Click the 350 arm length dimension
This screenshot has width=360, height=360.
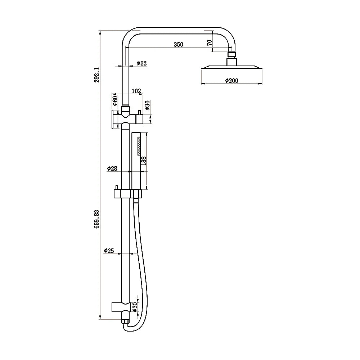[179, 45]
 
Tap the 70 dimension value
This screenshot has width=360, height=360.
[209, 42]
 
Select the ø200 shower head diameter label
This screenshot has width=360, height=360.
[231, 81]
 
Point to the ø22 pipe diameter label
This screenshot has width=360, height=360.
[141, 63]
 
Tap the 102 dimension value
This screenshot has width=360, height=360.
[136, 91]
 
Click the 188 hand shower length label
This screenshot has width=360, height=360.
[144, 161]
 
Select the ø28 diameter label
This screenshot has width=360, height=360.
[112, 168]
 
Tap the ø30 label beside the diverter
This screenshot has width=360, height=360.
[147, 105]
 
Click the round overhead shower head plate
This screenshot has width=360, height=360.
[231, 68]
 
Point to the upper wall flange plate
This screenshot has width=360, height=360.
[113, 119]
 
